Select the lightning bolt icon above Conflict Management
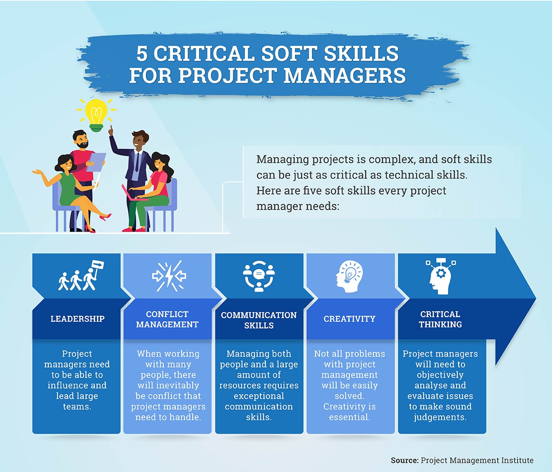pyautogui.click(x=168, y=276)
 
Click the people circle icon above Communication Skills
pyautogui.click(x=259, y=276)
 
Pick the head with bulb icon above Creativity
pyautogui.click(x=349, y=276)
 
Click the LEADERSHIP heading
pyautogui.click(x=77, y=319)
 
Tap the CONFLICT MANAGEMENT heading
pyautogui.click(x=167, y=319)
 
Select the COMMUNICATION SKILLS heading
pyautogui.click(x=259, y=320)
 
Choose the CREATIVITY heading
pyautogui.click(x=349, y=319)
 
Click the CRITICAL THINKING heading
pyautogui.click(x=440, y=319)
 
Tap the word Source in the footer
pyautogui.click(x=404, y=460)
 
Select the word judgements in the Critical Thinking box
pyautogui.click(x=440, y=417)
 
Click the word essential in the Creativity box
pyautogui.click(x=349, y=417)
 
